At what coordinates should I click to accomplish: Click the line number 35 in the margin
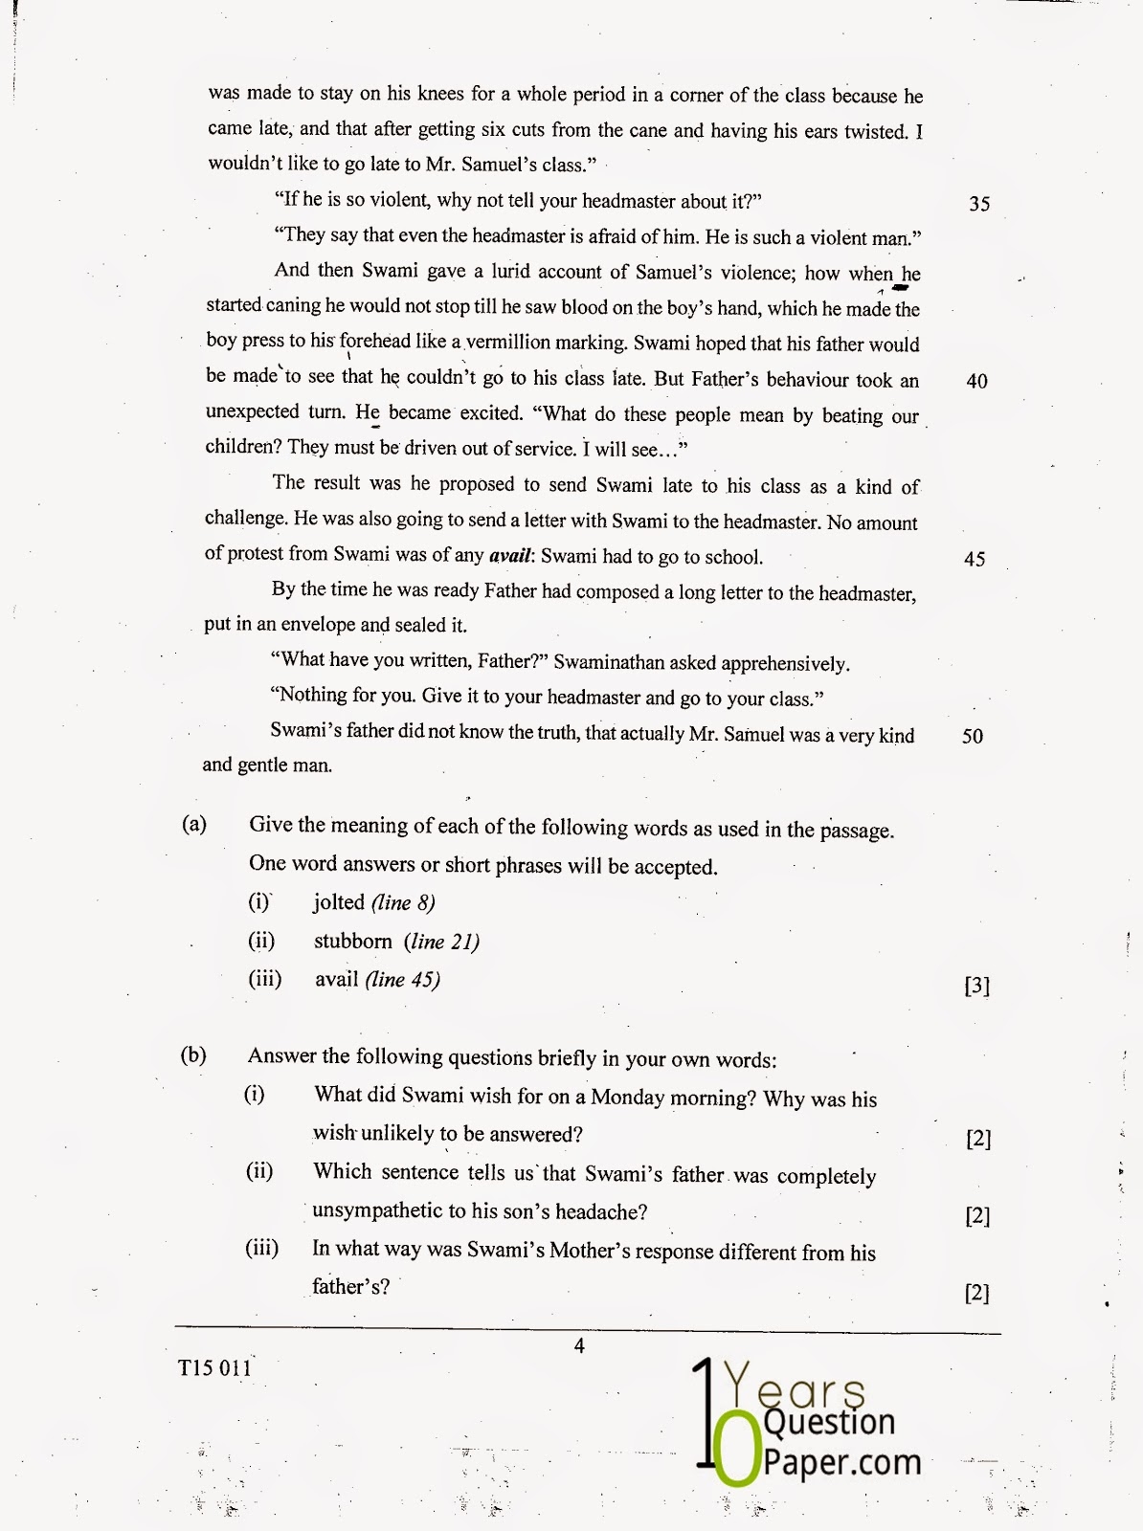[979, 204]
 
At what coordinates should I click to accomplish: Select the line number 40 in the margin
[976, 381]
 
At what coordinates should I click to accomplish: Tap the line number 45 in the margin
[975, 559]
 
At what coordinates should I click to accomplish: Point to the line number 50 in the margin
[973, 736]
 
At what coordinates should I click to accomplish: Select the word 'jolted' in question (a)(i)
[339, 902]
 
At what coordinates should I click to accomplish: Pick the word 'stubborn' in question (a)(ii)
[353, 942]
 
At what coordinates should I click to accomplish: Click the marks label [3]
[976, 987]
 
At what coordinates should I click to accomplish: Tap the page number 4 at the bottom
[578, 1346]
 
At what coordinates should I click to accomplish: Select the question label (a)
[194, 825]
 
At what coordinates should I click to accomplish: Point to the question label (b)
[194, 1055]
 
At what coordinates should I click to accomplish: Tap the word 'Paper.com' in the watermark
[842, 1463]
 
